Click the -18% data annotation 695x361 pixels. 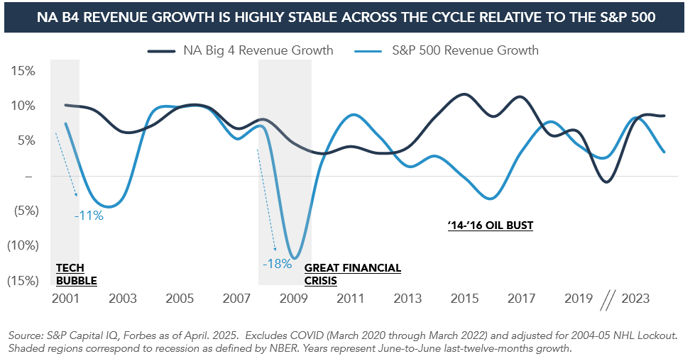click(276, 264)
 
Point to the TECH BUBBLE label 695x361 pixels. click(76, 274)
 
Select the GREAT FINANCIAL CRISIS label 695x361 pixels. click(352, 274)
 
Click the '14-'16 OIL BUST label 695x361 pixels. click(490, 226)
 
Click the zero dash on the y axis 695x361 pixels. click(28, 176)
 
